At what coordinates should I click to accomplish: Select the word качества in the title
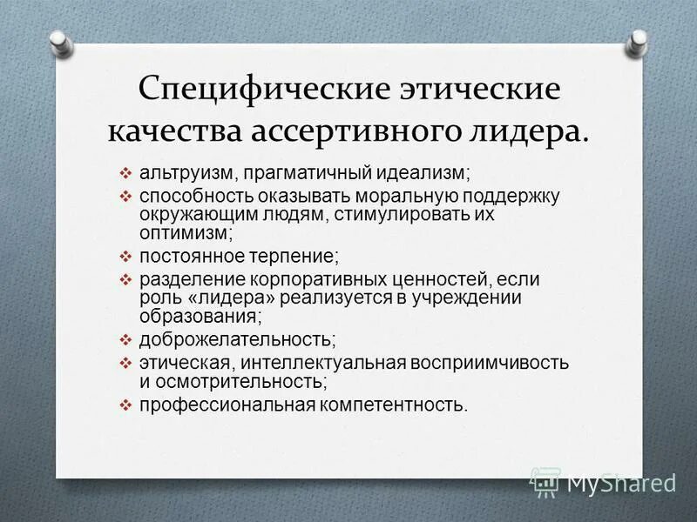[175, 131]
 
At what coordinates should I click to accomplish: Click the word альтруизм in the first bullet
[179, 173]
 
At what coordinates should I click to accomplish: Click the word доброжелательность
[238, 339]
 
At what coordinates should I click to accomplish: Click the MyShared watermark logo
[604, 480]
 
